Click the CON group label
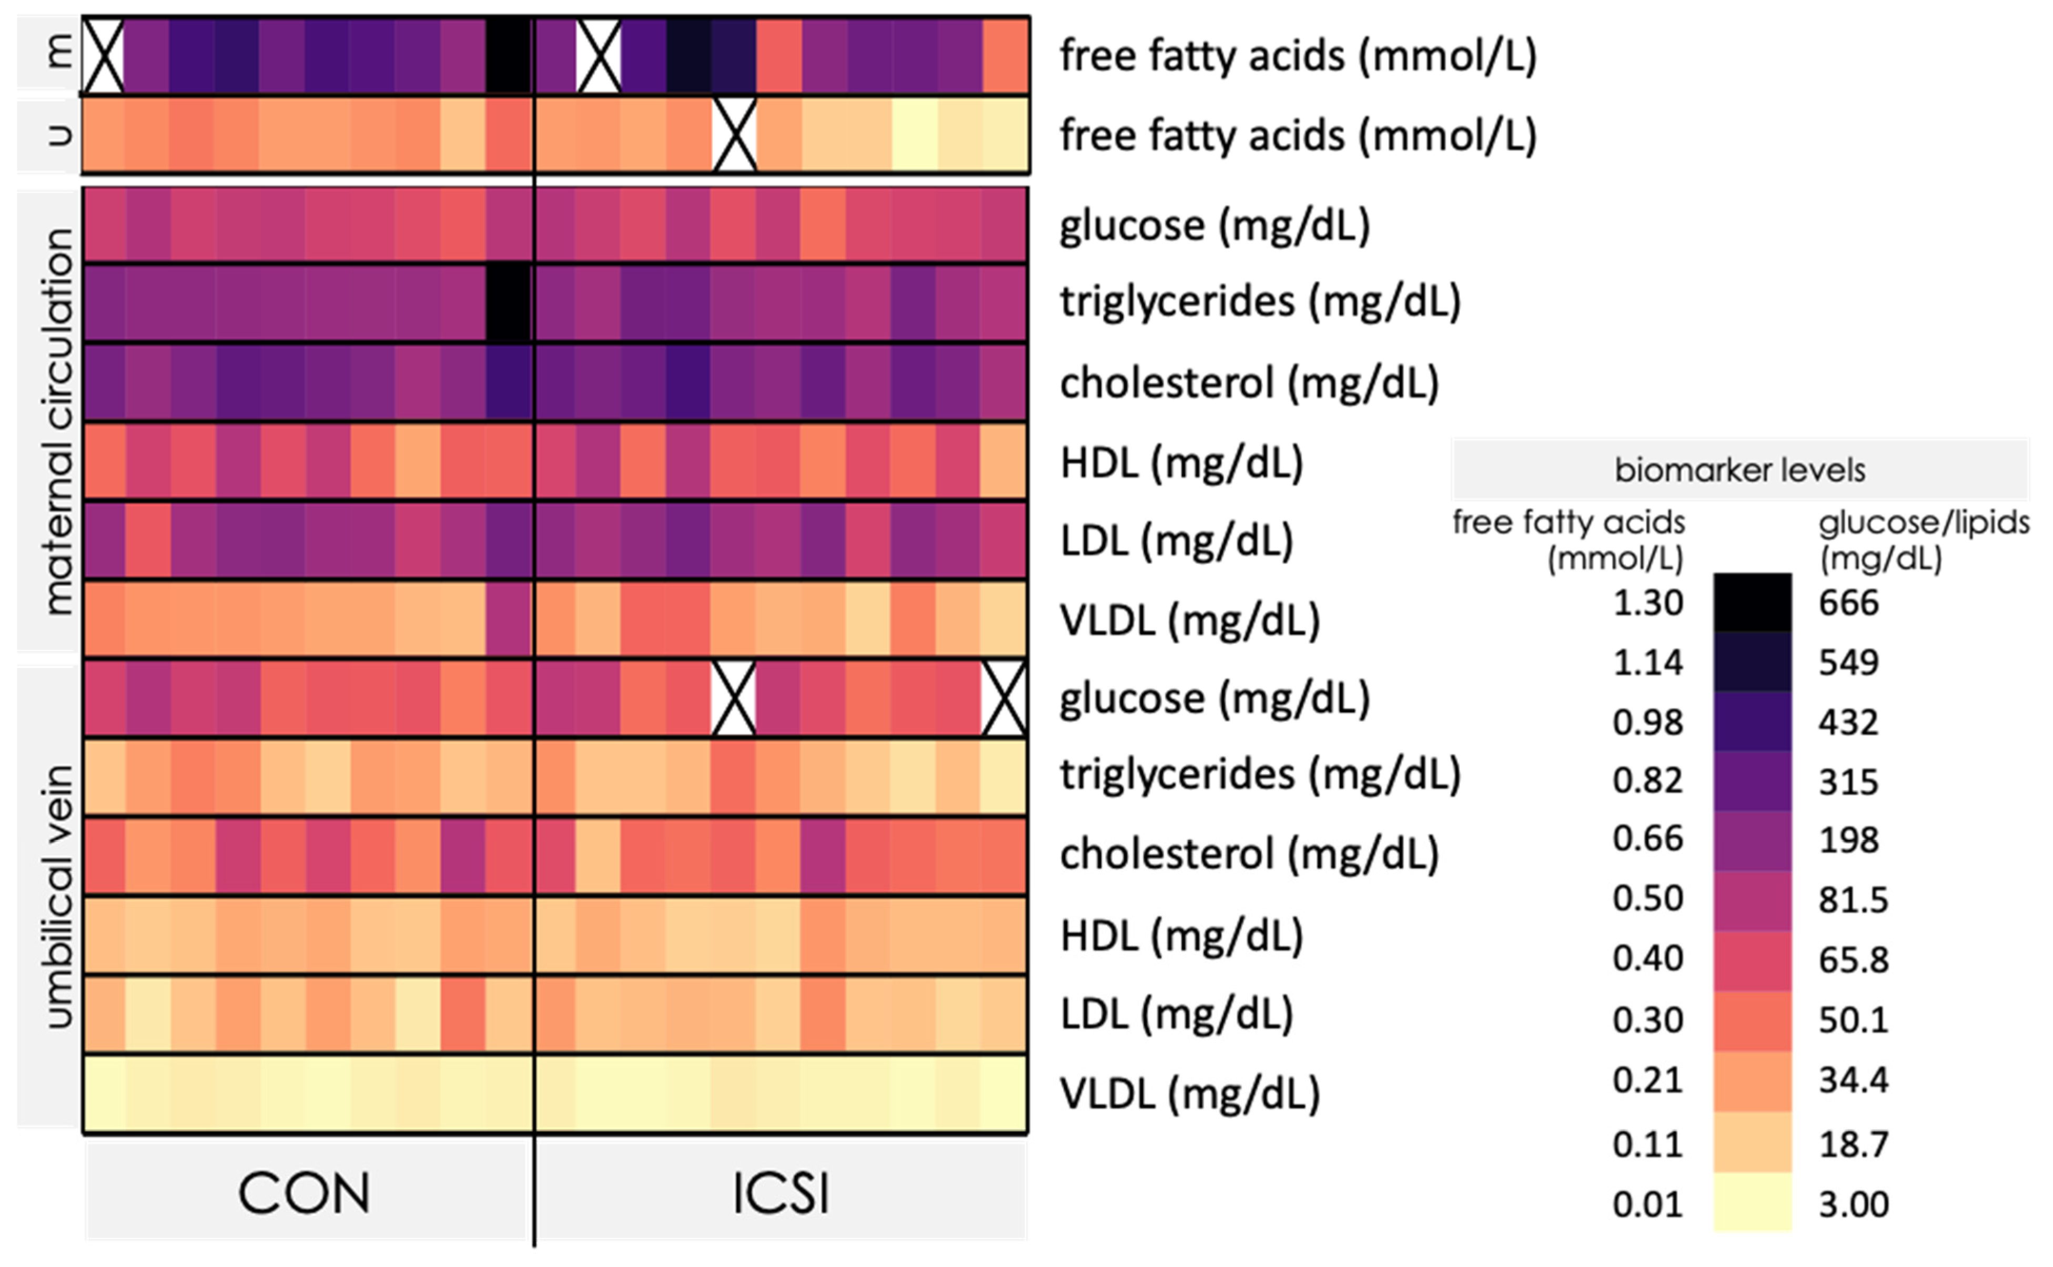(x=304, y=1192)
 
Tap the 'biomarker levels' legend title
(x=1740, y=470)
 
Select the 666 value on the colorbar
(x=1848, y=603)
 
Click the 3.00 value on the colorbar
(x=1853, y=1204)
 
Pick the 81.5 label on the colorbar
(x=1853, y=900)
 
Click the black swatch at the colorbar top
(x=1752, y=603)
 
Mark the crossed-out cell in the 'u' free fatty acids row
(x=734, y=135)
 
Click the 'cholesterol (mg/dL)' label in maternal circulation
(x=1249, y=383)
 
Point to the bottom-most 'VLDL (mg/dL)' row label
(x=1190, y=1093)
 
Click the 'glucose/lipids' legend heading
(x=1923, y=523)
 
